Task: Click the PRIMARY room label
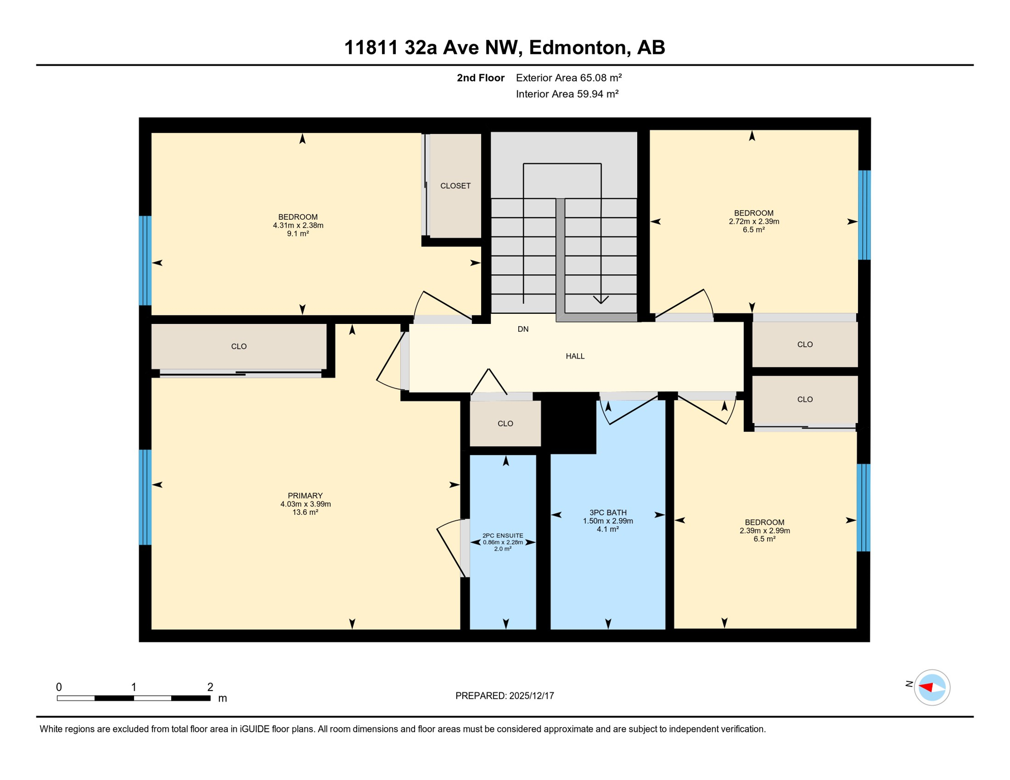coord(305,496)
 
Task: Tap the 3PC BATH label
coord(608,512)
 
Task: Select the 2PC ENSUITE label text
coord(502,535)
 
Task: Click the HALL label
coord(575,356)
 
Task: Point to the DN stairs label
coord(523,329)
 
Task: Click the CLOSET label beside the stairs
coord(455,186)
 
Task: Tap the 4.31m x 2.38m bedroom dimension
coord(298,225)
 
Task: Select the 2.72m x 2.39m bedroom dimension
coord(753,221)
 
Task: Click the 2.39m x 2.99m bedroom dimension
coord(764,531)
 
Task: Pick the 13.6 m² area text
coord(305,512)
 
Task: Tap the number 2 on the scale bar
coord(210,687)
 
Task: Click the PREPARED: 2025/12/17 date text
coord(504,696)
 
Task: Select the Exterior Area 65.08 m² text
coord(569,78)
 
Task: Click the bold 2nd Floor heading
coord(480,78)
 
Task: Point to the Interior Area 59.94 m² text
coord(567,94)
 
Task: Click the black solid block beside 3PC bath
coord(570,424)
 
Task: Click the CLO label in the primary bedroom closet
coord(239,346)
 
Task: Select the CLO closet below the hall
coord(505,424)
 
